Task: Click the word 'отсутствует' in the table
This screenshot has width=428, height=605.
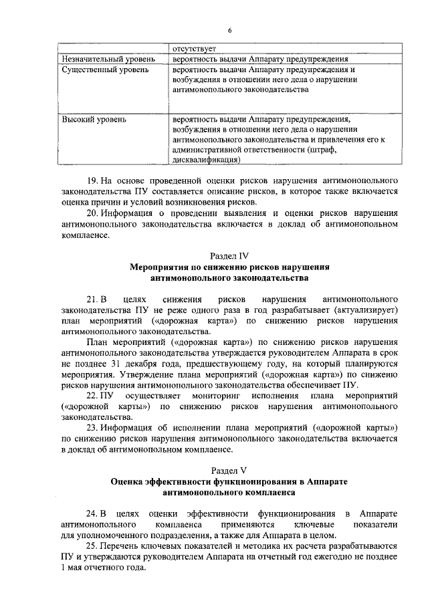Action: click(x=194, y=49)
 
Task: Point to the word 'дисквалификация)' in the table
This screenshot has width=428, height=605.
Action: click(x=205, y=160)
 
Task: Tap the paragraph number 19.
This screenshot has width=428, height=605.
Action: click(x=94, y=181)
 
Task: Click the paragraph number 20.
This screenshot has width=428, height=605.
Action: click(x=94, y=213)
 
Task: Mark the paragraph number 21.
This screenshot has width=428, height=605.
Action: click(x=94, y=299)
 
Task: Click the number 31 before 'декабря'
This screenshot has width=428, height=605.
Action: click(x=116, y=363)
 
